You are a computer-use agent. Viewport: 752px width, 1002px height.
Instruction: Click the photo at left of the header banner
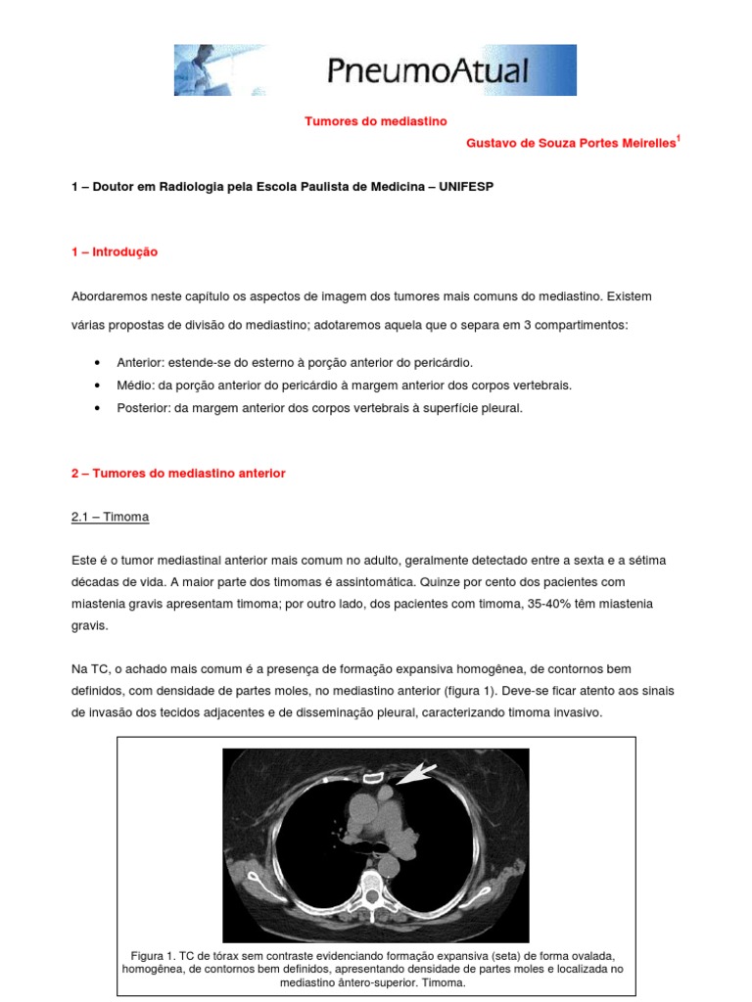219,69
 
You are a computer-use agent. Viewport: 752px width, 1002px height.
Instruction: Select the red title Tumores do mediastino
375,121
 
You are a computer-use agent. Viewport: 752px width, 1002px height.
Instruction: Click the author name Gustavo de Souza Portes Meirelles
571,143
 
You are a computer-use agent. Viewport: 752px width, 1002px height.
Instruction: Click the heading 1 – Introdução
115,251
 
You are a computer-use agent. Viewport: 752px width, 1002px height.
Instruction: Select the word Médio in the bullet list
134,385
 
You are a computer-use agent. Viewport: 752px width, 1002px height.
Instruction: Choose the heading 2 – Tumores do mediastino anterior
178,473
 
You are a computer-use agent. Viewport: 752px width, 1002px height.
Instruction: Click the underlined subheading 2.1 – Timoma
111,516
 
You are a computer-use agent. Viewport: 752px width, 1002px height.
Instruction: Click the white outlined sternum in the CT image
372,779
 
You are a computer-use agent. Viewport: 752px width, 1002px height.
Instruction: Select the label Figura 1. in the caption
153,955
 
